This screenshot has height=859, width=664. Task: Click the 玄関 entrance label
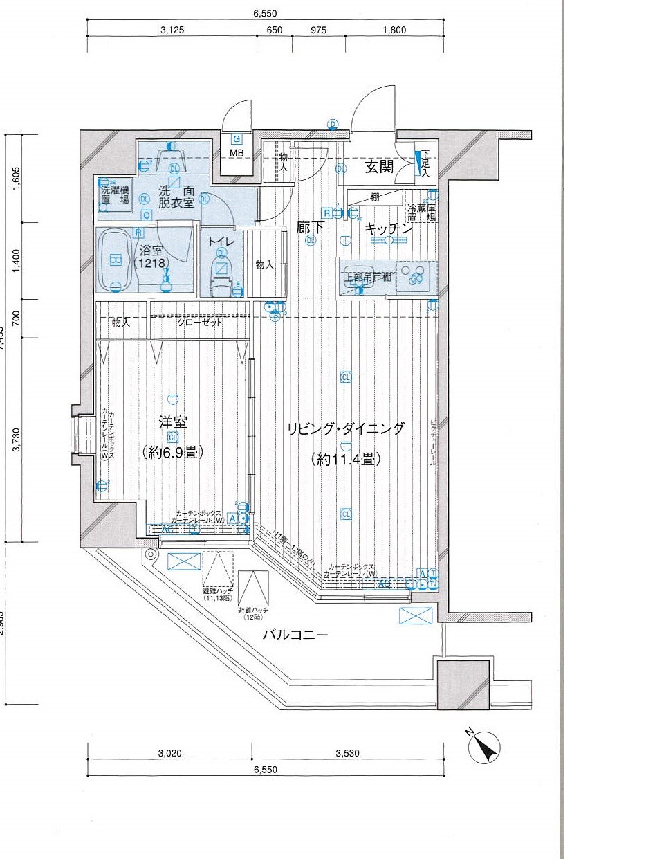[379, 167]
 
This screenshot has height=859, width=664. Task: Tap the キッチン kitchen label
[388, 227]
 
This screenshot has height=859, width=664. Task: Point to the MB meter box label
[237, 153]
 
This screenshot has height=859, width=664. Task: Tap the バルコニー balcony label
[295, 634]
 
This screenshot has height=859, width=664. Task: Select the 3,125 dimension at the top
[172, 30]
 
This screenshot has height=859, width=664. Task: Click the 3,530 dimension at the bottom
[347, 753]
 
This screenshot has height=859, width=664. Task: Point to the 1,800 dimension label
[394, 30]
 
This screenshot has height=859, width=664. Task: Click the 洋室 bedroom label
[172, 422]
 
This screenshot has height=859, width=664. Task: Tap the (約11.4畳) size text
[345, 458]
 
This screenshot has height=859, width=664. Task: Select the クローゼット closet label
[200, 323]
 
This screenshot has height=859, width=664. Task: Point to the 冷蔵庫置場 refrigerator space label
[421, 213]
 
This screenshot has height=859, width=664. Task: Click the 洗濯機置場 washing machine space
[116, 195]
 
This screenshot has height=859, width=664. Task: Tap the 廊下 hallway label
[310, 226]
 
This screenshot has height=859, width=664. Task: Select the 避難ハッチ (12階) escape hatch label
[253, 613]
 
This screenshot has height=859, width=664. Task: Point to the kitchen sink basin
[360, 278]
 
